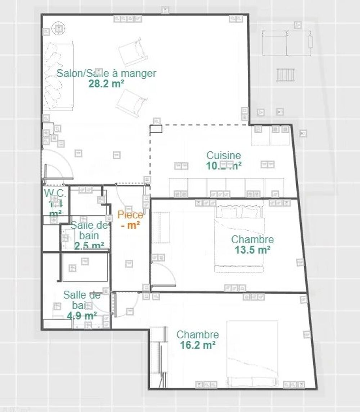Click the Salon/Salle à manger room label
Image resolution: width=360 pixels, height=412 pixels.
click(x=107, y=73)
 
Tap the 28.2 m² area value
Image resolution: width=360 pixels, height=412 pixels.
click(x=107, y=83)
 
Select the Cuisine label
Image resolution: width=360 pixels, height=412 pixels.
click(x=224, y=155)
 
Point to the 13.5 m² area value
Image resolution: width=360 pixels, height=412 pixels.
click(x=252, y=250)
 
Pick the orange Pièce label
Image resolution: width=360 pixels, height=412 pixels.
click(x=130, y=215)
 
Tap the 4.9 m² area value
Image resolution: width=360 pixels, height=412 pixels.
click(x=82, y=316)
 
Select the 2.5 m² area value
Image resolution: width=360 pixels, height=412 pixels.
click(x=89, y=246)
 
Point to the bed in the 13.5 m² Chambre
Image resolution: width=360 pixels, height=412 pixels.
click(x=239, y=237)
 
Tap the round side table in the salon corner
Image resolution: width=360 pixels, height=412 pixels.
click(x=58, y=28)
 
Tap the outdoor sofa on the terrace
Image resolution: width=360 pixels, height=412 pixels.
click(x=287, y=43)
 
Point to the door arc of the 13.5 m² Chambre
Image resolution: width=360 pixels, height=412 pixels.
click(x=163, y=273)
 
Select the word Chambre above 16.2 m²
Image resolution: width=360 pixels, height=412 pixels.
click(x=198, y=335)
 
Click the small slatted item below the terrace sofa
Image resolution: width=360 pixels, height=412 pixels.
click(x=285, y=74)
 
